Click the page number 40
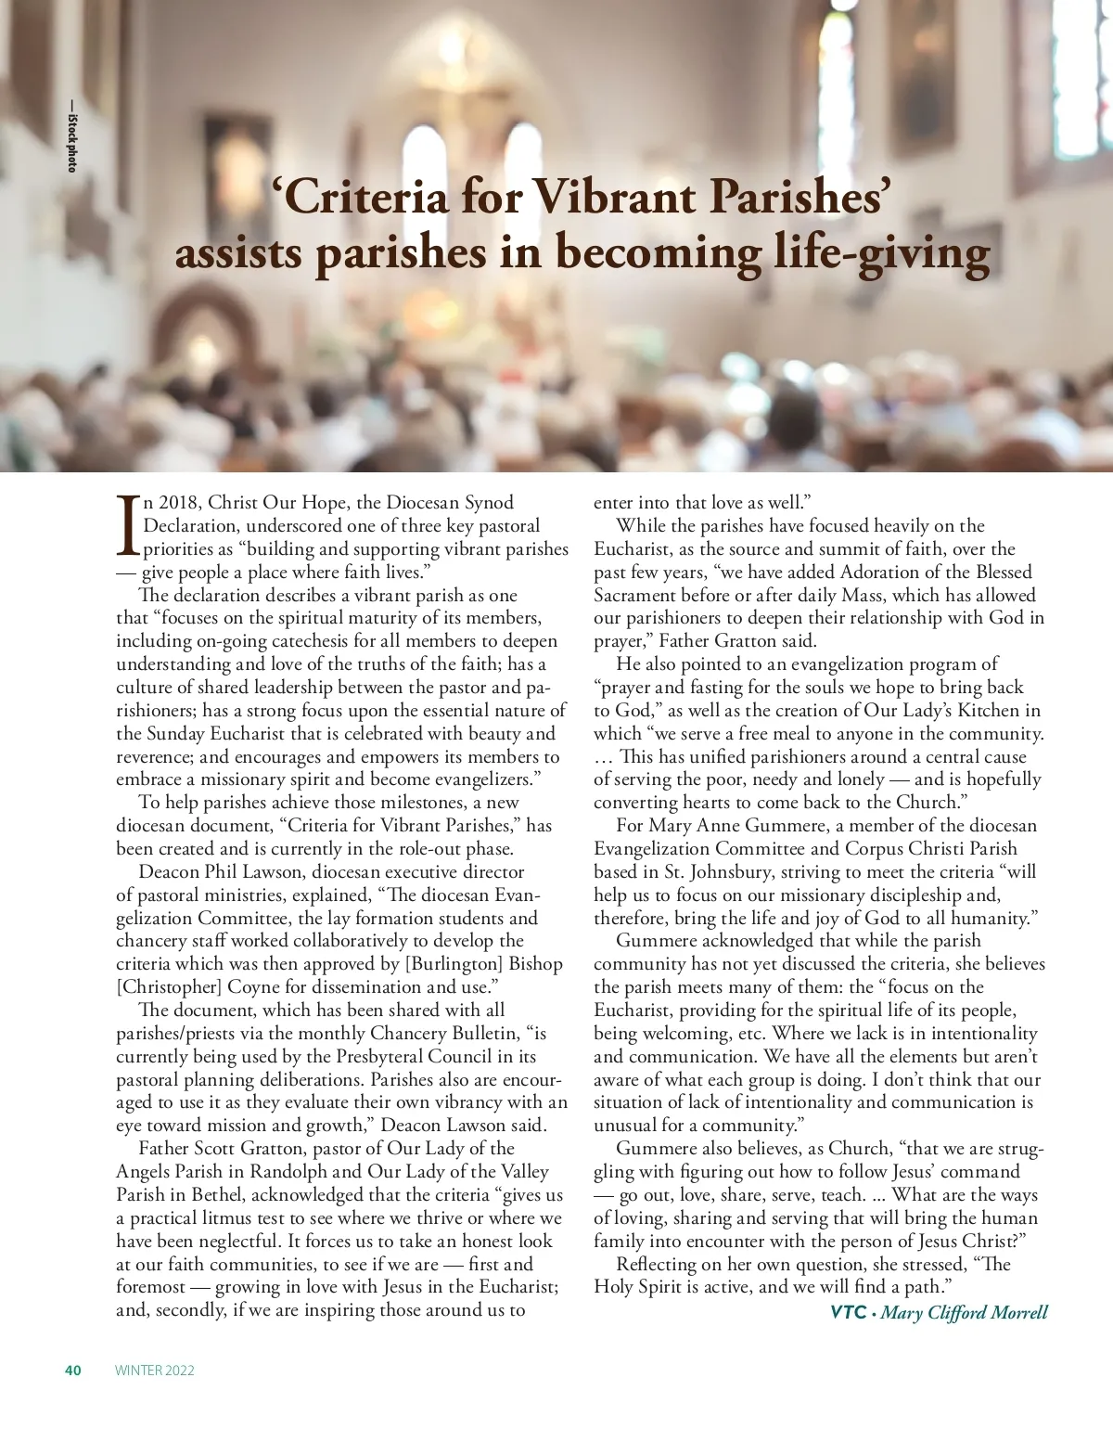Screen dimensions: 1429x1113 click(x=73, y=1371)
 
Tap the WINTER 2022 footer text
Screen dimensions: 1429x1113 click(x=155, y=1371)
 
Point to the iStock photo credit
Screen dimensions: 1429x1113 click(x=71, y=135)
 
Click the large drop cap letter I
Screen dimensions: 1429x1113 click(x=128, y=525)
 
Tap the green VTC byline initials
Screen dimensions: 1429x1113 click(x=848, y=1312)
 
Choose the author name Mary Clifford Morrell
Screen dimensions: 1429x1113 click(x=965, y=1312)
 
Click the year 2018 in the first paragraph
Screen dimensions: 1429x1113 click(x=178, y=503)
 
